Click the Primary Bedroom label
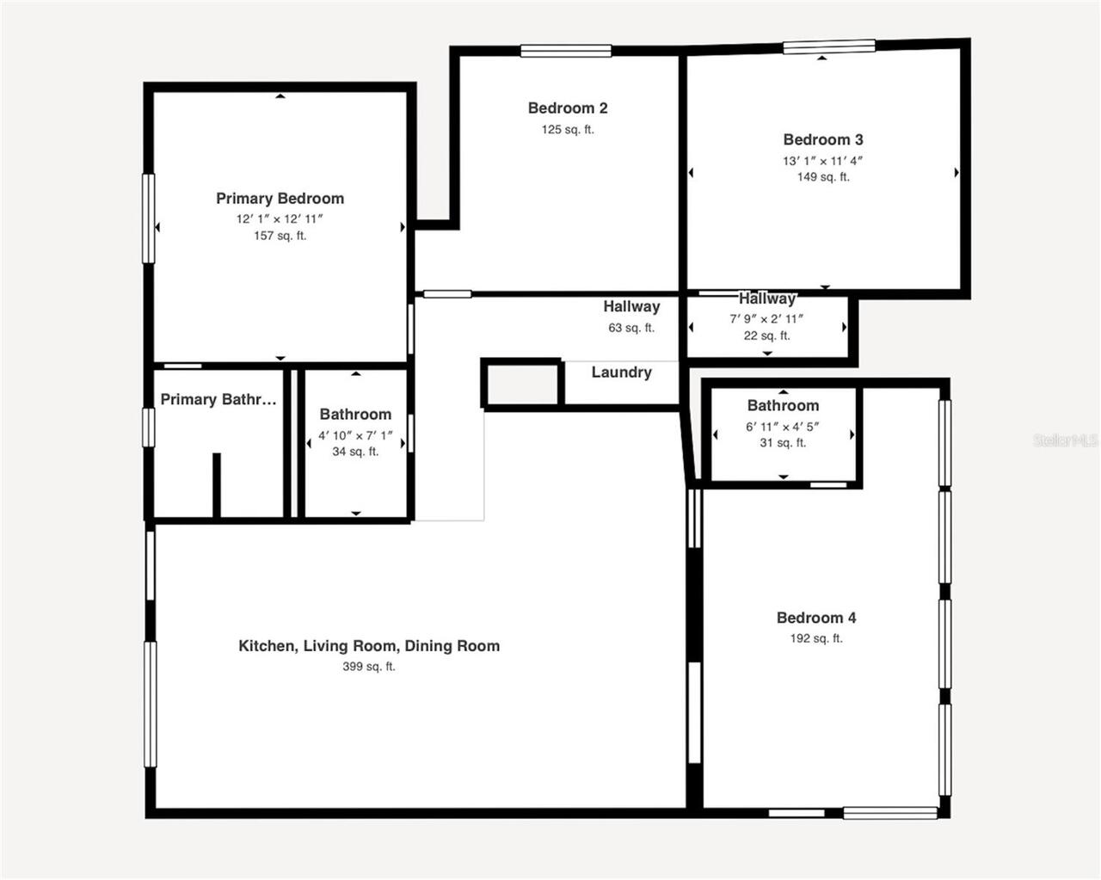click(280, 199)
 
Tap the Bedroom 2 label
click(568, 108)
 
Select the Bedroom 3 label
click(823, 139)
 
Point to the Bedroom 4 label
click(816, 618)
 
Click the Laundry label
click(621, 372)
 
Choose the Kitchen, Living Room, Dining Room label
click(369, 646)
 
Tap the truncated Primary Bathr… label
click(218, 399)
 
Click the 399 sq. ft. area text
click(369, 667)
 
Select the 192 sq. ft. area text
click(816, 638)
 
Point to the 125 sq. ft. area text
click(568, 130)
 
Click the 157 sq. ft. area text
click(280, 236)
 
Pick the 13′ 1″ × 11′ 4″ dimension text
click(823, 161)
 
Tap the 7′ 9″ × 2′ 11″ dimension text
click(766, 319)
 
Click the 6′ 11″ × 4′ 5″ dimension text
click(783, 427)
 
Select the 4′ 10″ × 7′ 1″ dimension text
click(355, 435)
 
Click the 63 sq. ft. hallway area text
click(631, 328)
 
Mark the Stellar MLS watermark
click(1066, 440)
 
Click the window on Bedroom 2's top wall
click(566, 51)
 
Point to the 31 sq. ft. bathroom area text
click(783, 443)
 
